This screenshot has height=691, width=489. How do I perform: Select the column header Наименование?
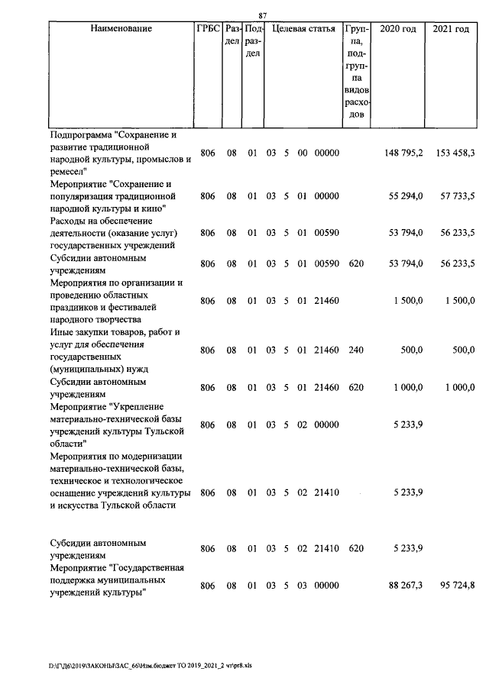(x=121, y=29)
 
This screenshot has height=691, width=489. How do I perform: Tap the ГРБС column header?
(x=207, y=29)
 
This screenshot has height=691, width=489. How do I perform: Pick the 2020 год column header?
(x=398, y=29)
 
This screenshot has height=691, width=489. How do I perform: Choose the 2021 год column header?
(x=451, y=29)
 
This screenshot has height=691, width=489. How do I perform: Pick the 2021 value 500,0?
(x=463, y=350)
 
